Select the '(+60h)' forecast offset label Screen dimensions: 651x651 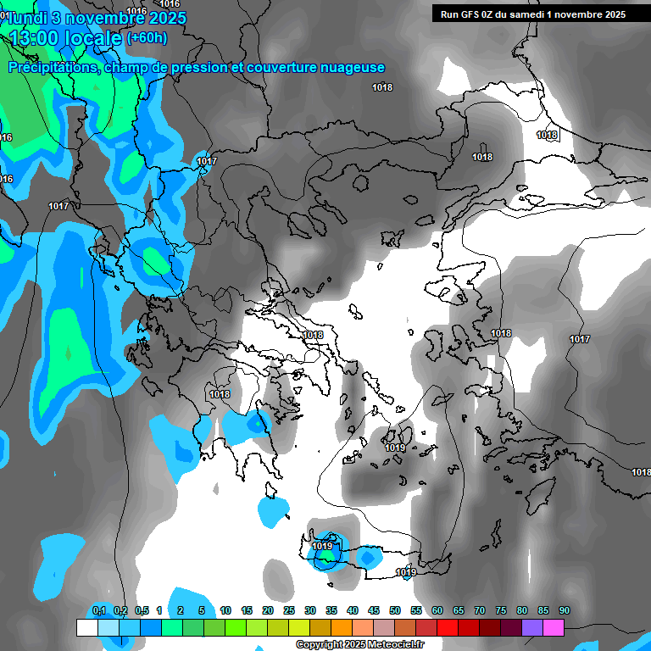pos(147,37)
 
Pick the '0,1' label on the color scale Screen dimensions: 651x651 pos(98,611)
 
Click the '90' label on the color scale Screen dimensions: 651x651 pos(565,611)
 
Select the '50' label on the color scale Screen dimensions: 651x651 pos(395,611)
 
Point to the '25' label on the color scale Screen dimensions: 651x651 pos(289,611)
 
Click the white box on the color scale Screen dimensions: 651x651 pos(87,627)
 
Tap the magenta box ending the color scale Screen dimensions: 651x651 pos(554,627)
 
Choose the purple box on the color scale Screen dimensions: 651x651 pos(532,627)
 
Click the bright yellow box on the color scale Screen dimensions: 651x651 pos(299,627)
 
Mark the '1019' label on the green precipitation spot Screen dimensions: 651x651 pos(322,547)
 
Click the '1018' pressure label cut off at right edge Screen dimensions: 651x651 pos(641,472)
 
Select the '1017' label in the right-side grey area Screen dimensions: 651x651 pos(580,339)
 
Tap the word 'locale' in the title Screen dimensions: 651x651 pos(93,38)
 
